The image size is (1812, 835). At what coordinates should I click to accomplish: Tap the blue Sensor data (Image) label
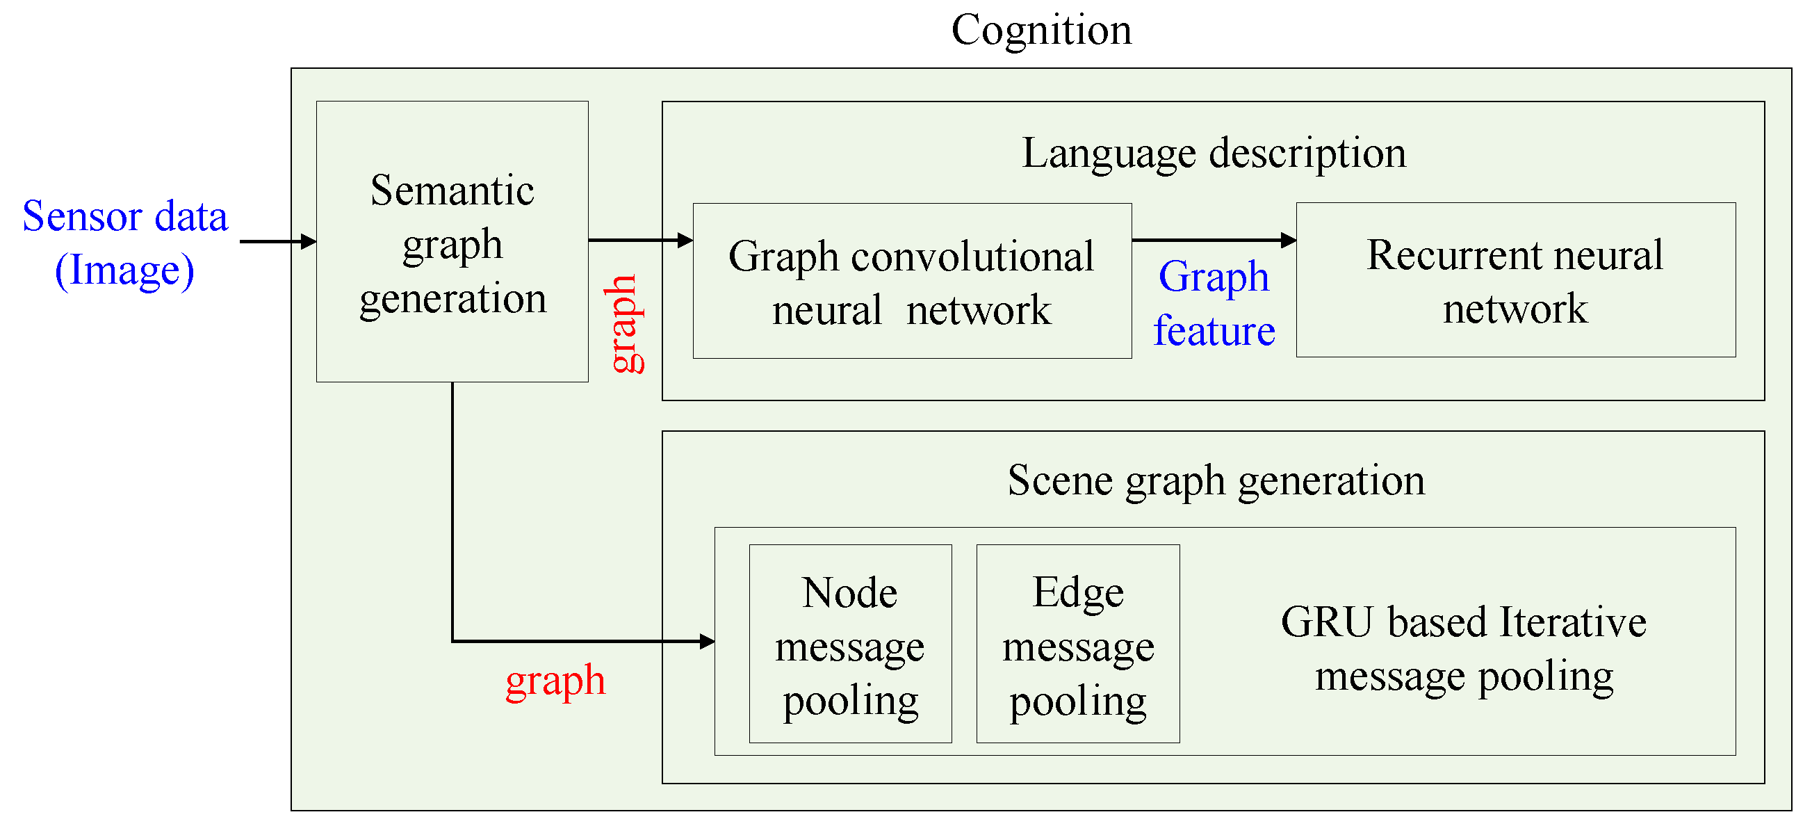click(125, 242)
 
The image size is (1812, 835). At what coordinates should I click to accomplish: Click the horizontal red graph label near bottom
click(555, 680)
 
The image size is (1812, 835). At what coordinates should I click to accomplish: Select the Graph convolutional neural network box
click(912, 282)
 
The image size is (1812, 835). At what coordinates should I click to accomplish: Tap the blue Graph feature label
click(1214, 303)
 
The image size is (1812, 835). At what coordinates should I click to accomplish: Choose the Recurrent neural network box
click(1515, 280)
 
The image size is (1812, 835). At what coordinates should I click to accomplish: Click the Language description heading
click(1214, 153)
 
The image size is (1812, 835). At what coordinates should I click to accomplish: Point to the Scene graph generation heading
click(1216, 480)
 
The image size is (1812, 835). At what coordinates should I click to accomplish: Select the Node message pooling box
click(851, 644)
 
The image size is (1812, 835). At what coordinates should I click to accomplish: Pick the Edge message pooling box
click(1077, 644)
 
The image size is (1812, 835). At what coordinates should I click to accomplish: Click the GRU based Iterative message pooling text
click(1464, 649)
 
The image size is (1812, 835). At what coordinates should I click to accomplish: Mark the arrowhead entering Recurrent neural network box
click(1289, 240)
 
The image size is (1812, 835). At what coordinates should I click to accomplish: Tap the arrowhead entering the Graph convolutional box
click(685, 240)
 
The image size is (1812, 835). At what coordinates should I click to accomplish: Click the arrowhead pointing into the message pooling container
click(708, 641)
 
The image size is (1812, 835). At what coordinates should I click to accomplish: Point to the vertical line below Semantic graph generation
click(452, 506)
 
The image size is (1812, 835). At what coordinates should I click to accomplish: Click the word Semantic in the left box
click(452, 190)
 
